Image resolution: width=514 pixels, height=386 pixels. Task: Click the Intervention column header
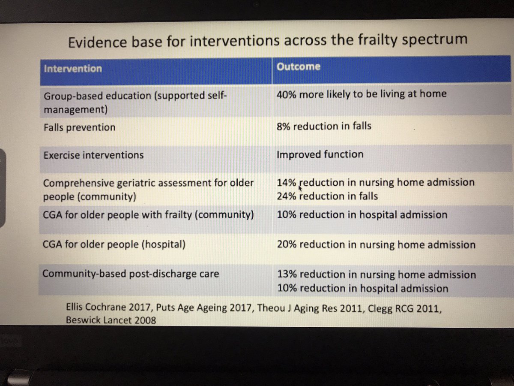[73, 69]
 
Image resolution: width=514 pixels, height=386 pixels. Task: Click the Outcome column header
[298, 67]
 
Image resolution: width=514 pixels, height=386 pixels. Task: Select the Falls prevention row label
[79, 127]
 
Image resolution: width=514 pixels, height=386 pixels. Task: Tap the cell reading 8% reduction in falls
[324, 126]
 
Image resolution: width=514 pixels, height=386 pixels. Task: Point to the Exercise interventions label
[93, 155]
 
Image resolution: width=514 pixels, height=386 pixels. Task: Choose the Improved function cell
[320, 154]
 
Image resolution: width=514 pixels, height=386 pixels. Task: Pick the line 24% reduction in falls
[328, 196]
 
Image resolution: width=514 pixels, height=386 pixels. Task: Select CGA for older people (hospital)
[114, 245]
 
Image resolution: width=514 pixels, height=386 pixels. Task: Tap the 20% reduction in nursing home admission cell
[376, 245]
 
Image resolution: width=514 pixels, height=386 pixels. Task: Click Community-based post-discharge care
[131, 274]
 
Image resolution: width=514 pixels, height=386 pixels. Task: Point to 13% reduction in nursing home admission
[377, 274]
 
